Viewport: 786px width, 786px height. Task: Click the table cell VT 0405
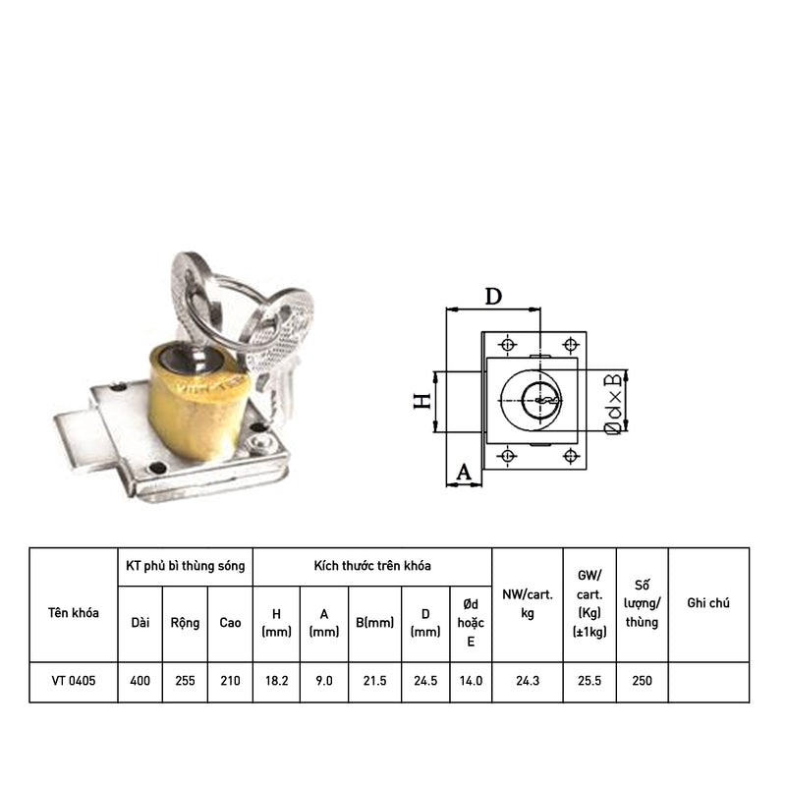(x=74, y=679)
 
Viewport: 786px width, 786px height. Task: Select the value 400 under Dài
(x=140, y=679)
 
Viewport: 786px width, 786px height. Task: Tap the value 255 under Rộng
(x=185, y=679)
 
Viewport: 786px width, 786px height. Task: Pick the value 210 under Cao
(x=230, y=679)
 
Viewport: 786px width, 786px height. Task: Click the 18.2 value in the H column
(x=277, y=679)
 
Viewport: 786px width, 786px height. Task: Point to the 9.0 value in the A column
(x=324, y=679)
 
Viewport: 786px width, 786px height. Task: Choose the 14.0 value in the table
(x=471, y=679)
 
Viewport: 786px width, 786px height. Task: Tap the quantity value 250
(x=643, y=679)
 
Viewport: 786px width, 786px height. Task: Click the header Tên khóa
(x=74, y=611)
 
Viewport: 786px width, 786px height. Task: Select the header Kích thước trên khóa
(x=372, y=567)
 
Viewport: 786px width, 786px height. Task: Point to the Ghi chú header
(x=708, y=603)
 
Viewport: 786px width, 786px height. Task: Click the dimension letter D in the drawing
(x=494, y=296)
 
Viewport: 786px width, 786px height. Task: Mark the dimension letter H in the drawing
(x=421, y=401)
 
